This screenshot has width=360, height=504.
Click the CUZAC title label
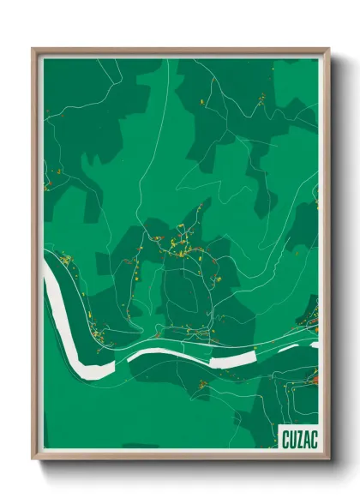[x=298, y=440]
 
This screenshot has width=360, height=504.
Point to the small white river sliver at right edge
[x=314, y=345]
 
